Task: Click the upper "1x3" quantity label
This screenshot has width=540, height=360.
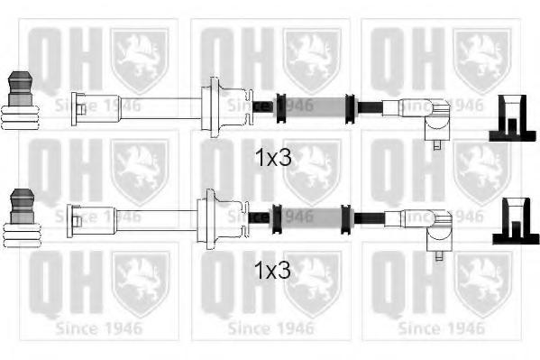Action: [273, 158]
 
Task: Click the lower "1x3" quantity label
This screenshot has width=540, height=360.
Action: [272, 270]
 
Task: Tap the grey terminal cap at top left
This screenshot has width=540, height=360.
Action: [21, 88]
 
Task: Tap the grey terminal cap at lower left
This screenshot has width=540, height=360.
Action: [23, 207]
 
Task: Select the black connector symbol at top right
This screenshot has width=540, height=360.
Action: [512, 118]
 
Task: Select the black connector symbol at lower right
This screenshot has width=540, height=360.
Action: [516, 221]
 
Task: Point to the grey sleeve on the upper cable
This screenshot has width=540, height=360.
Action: [315, 107]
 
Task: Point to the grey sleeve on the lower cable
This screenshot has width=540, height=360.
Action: [311, 219]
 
